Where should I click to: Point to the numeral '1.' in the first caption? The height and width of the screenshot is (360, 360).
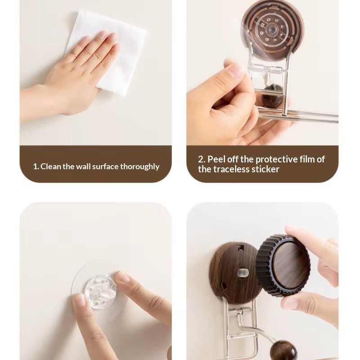pos(36,166)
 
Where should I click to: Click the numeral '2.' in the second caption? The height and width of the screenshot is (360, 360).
pos(202,159)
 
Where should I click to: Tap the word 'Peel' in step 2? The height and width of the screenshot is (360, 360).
pos(217,159)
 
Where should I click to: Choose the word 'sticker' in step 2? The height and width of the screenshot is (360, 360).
pos(265,170)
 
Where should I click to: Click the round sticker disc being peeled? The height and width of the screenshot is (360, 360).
pos(270,27)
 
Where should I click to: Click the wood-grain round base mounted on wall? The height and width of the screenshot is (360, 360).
pos(229,270)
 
